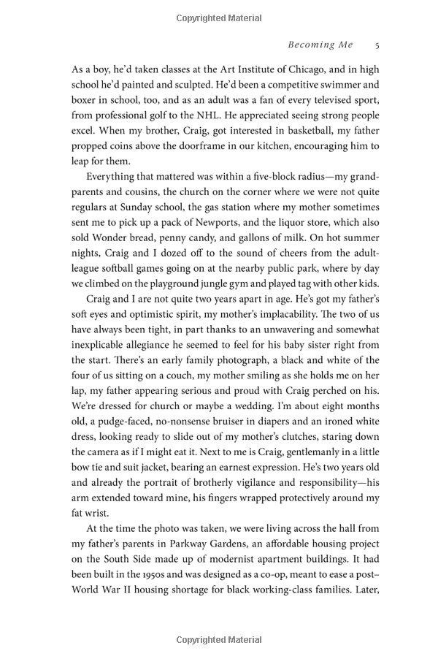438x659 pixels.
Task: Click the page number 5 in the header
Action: [x=377, y=45]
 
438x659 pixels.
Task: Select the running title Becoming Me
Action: [x=320, y=45]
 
